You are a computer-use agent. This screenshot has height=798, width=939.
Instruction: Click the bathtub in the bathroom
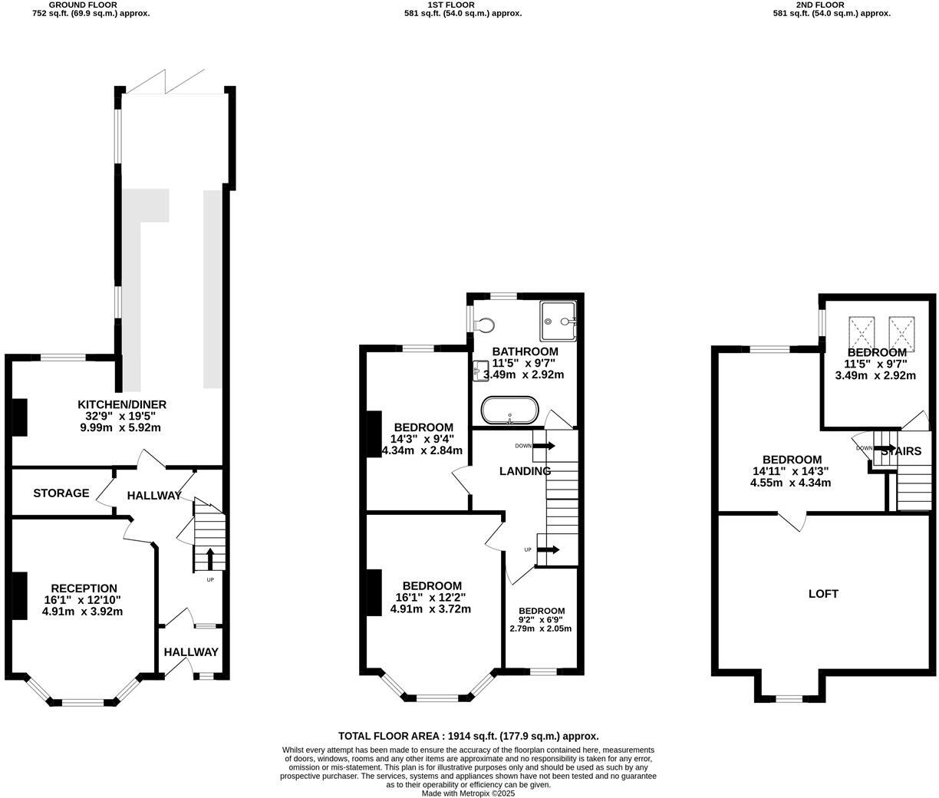pos(509,411)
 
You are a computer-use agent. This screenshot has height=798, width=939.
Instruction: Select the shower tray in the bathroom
pos(558,321)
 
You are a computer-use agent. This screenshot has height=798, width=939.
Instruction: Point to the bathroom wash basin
pos(481,371)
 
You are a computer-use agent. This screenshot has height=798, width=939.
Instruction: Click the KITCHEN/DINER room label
pos(122,404)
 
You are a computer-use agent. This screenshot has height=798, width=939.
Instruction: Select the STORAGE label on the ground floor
pos(61,493)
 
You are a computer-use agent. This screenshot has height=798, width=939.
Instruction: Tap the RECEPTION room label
pos(80,589)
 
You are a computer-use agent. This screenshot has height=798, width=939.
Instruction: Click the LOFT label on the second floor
pos(823,593)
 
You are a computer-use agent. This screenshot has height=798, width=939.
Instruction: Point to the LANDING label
pos(526,471)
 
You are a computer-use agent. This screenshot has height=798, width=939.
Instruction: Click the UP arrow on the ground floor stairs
pos(210,559)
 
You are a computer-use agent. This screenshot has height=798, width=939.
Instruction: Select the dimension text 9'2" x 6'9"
pos(541,619)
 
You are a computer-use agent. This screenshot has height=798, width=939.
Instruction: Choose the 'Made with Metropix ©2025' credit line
pos(468,793)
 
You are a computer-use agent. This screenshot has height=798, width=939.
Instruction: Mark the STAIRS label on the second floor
pos(901,451)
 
